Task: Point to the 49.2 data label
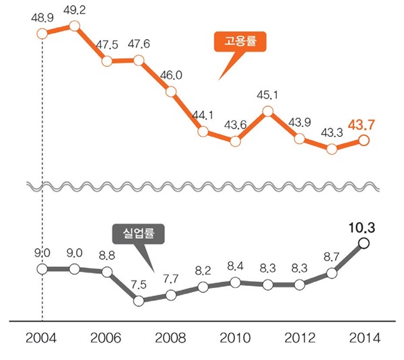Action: (x=74, y=11)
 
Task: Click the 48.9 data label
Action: (x=42, y=15)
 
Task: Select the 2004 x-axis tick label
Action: (x=42, y=337)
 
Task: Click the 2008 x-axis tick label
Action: (x=171, y=337)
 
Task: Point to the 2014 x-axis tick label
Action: (x=364, y=337)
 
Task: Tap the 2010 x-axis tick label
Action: (x=235, y=337)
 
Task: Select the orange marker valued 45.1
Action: (x=267, y=110)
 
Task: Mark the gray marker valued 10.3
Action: (x=364, y=243)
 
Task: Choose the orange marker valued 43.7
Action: (x=364, y=140)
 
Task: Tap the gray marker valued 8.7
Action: (x=332, y=273)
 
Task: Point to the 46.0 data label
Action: (x=171, y=75)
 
